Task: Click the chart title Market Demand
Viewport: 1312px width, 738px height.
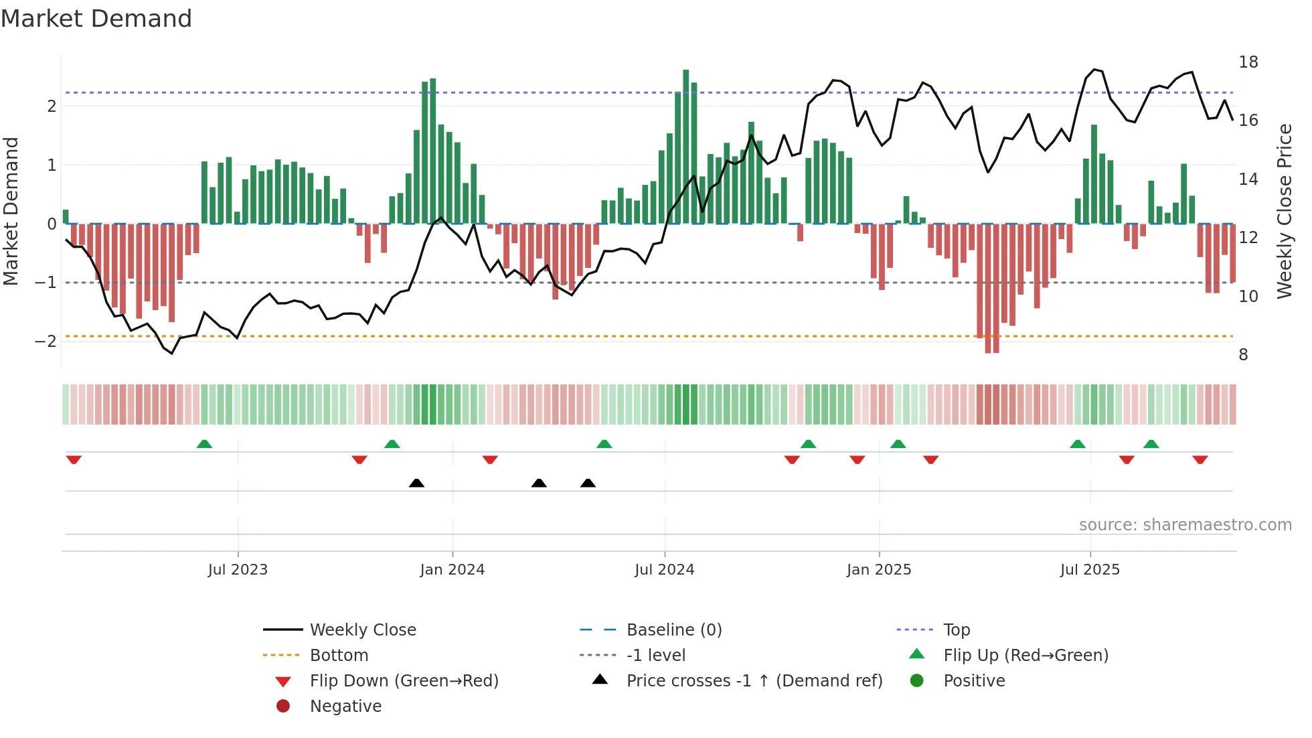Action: coord(96,19)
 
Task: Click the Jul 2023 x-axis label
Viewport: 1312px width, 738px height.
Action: coord(238,570)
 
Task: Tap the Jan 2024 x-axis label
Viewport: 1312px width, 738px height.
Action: coord(452,570)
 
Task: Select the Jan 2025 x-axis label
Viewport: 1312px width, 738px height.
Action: coord(878,570)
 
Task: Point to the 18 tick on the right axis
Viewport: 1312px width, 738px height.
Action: coord(1248,62)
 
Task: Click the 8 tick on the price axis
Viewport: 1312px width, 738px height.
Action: coord(1243,355)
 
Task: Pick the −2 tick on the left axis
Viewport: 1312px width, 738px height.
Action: coord(46,342)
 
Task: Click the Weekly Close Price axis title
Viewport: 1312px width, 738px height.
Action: coord(1285,211)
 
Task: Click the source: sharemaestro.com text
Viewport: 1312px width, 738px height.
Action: coord(1185,525)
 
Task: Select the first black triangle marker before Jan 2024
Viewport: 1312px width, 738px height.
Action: coord(416,483)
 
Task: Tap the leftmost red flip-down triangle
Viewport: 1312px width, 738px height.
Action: coord(74,459)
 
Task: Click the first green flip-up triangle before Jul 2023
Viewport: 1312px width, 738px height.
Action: coord(204,444)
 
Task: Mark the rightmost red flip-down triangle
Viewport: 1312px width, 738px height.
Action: coord(1200,459)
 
